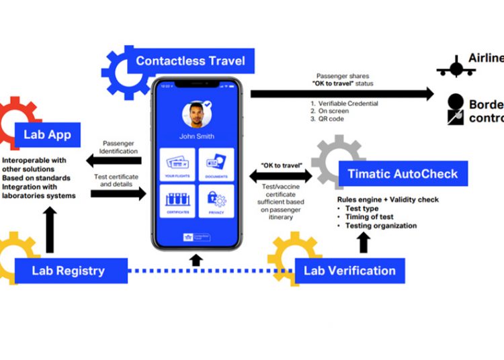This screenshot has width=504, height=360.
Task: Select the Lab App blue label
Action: (x=47, y=134)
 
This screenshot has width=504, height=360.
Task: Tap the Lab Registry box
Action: (x=68, y=271)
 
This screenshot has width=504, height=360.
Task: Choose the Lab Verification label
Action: (x=349, y=271)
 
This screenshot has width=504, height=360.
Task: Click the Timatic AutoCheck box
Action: (x=402, y=174)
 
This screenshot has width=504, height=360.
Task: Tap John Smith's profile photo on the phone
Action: (x=197, y=115)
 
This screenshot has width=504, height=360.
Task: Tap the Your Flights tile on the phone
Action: (x=178, y=164)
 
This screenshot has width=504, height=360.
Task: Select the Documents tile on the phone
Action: (x=216, y=164)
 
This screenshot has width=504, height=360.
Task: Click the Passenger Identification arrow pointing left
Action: (x=114, y=161)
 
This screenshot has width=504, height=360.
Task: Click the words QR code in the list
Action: (x=329, y=120)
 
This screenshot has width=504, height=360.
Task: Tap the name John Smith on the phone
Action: (x=197, y=136)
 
